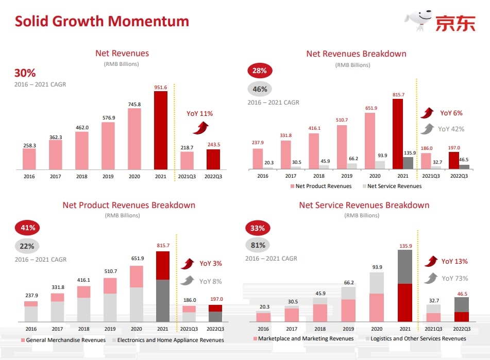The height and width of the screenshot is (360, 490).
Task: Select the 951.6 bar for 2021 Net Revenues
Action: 161,130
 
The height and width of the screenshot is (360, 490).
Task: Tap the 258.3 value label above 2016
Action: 29,146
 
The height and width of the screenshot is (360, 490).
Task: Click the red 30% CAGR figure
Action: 25,73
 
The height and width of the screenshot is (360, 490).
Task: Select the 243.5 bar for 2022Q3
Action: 213,159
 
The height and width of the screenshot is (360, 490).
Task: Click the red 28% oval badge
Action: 260,71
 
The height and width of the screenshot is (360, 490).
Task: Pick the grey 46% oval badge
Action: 260,89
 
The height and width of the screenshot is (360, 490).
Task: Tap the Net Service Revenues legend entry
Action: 392,186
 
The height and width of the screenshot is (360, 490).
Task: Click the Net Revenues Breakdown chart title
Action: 356,54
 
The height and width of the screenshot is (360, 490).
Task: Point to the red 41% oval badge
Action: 28,227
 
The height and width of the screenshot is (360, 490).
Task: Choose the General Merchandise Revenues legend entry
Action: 63,340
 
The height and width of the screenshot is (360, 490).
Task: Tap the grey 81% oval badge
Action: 258,245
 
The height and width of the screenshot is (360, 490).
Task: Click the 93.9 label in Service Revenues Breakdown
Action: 377,267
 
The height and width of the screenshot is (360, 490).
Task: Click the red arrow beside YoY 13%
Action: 431,261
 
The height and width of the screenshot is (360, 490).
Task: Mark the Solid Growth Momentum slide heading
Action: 102,21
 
